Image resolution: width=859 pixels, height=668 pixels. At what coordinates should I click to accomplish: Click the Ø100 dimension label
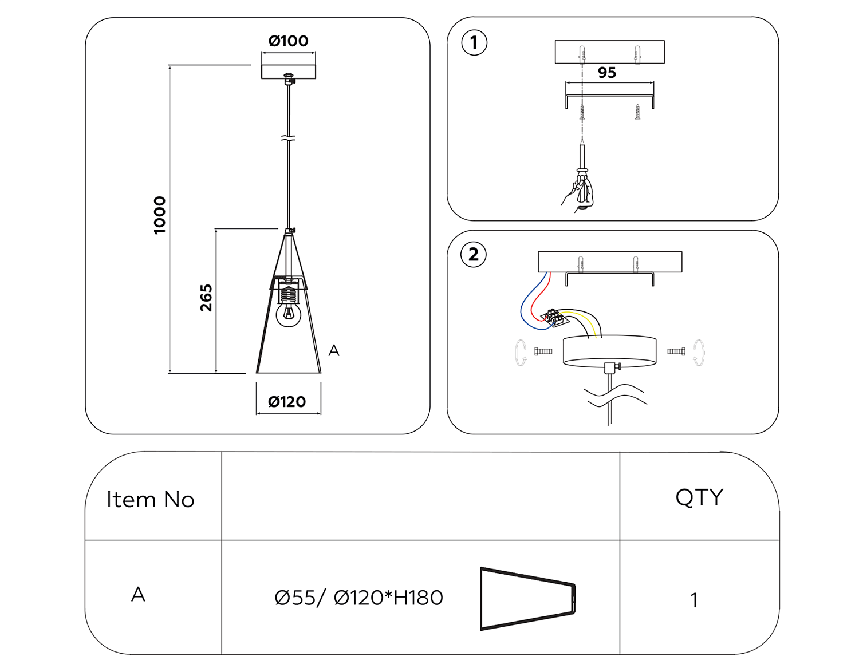pyautogui.click(x=288, y=41)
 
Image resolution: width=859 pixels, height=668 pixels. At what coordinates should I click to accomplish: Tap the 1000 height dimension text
pyautogui.click(x=160, y=215)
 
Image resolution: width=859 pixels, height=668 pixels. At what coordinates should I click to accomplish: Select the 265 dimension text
pyautogui.click(x=206, y=298)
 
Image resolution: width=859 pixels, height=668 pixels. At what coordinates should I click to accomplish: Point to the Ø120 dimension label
pyautogui.click(x=287, y=402)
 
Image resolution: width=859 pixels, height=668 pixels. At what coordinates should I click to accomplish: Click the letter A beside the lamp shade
pyautogui.click(x=334, y=350)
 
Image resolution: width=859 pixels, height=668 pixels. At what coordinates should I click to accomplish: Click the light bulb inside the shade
pyautogui.click(x=289, y=313)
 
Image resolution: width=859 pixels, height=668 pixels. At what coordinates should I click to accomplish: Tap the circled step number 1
pyautogui.click(x=474, y=43)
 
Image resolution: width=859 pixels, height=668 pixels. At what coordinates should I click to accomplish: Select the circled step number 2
pyautogui.click(x=474, y=255)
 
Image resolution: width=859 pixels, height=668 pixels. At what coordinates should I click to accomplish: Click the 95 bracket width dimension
pyautogui.click(x=607, y=73)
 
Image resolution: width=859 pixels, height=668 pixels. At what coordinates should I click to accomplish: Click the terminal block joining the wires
pyautogui.click(x=553, y=317)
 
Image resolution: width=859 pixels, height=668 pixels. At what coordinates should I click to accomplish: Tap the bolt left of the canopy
pyautogui.click(x=543, y=351)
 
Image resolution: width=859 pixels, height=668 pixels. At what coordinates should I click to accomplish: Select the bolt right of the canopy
pyautogui.click(x=676, y=351)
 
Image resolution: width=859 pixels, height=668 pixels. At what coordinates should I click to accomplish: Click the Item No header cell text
pyautogui.click(x=151, y=500)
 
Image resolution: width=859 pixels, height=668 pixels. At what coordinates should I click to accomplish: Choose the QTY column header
pyautogui.click(x=699, y=497)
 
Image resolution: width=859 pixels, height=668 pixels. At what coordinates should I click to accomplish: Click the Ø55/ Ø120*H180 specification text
pyautogui.click(x=359, y=598)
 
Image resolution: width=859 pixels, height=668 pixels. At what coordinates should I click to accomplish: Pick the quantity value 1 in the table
pyautogui.click(x=694, y=600)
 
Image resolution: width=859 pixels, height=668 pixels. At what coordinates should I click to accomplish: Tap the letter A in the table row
pyautogui.click(x=138, y=595)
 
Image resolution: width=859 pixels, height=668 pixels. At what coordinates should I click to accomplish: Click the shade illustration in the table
pyautogui.click(x=527, y=599)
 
